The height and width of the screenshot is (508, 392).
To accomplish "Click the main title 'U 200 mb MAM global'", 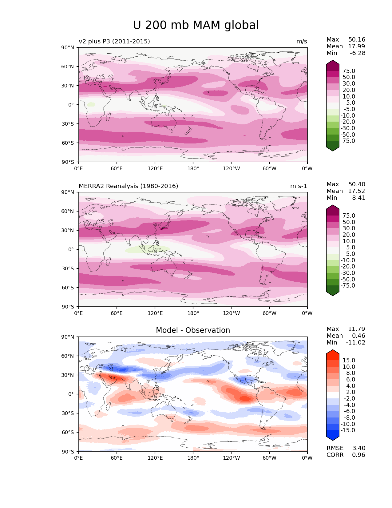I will [x=196, y=25].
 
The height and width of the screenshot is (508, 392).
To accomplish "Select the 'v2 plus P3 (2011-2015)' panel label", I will [x=114, y=42].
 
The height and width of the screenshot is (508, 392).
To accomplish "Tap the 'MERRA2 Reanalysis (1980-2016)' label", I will [x=128, y=186].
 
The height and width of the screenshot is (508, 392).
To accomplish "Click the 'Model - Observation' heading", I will [x=193, y=330].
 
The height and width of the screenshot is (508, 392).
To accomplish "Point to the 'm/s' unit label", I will [x=302, y=42].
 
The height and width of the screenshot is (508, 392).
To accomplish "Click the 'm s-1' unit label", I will [x=299, y=186].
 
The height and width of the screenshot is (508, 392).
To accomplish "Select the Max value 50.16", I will [x=357, y=40].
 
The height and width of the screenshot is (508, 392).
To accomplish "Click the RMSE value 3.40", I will [x=358, y=448].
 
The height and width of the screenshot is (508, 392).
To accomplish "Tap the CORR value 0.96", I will [x=358, y=455].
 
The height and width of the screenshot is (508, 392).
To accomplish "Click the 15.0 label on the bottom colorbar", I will [x=349, y=361].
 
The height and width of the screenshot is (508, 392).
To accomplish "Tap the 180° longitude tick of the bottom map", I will [x=193, y=458].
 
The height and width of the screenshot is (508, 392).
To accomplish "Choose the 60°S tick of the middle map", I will [x=68, y=288].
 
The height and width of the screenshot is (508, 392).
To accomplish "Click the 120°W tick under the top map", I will [x=231, y=169].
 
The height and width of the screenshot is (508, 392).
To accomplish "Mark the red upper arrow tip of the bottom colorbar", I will [x=333, y=351].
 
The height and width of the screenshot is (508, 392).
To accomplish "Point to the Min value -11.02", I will [x=356, y=343].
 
